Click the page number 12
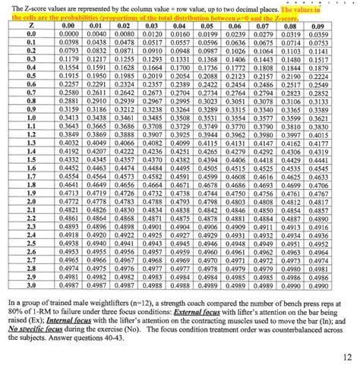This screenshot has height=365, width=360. tap(346, 354)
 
